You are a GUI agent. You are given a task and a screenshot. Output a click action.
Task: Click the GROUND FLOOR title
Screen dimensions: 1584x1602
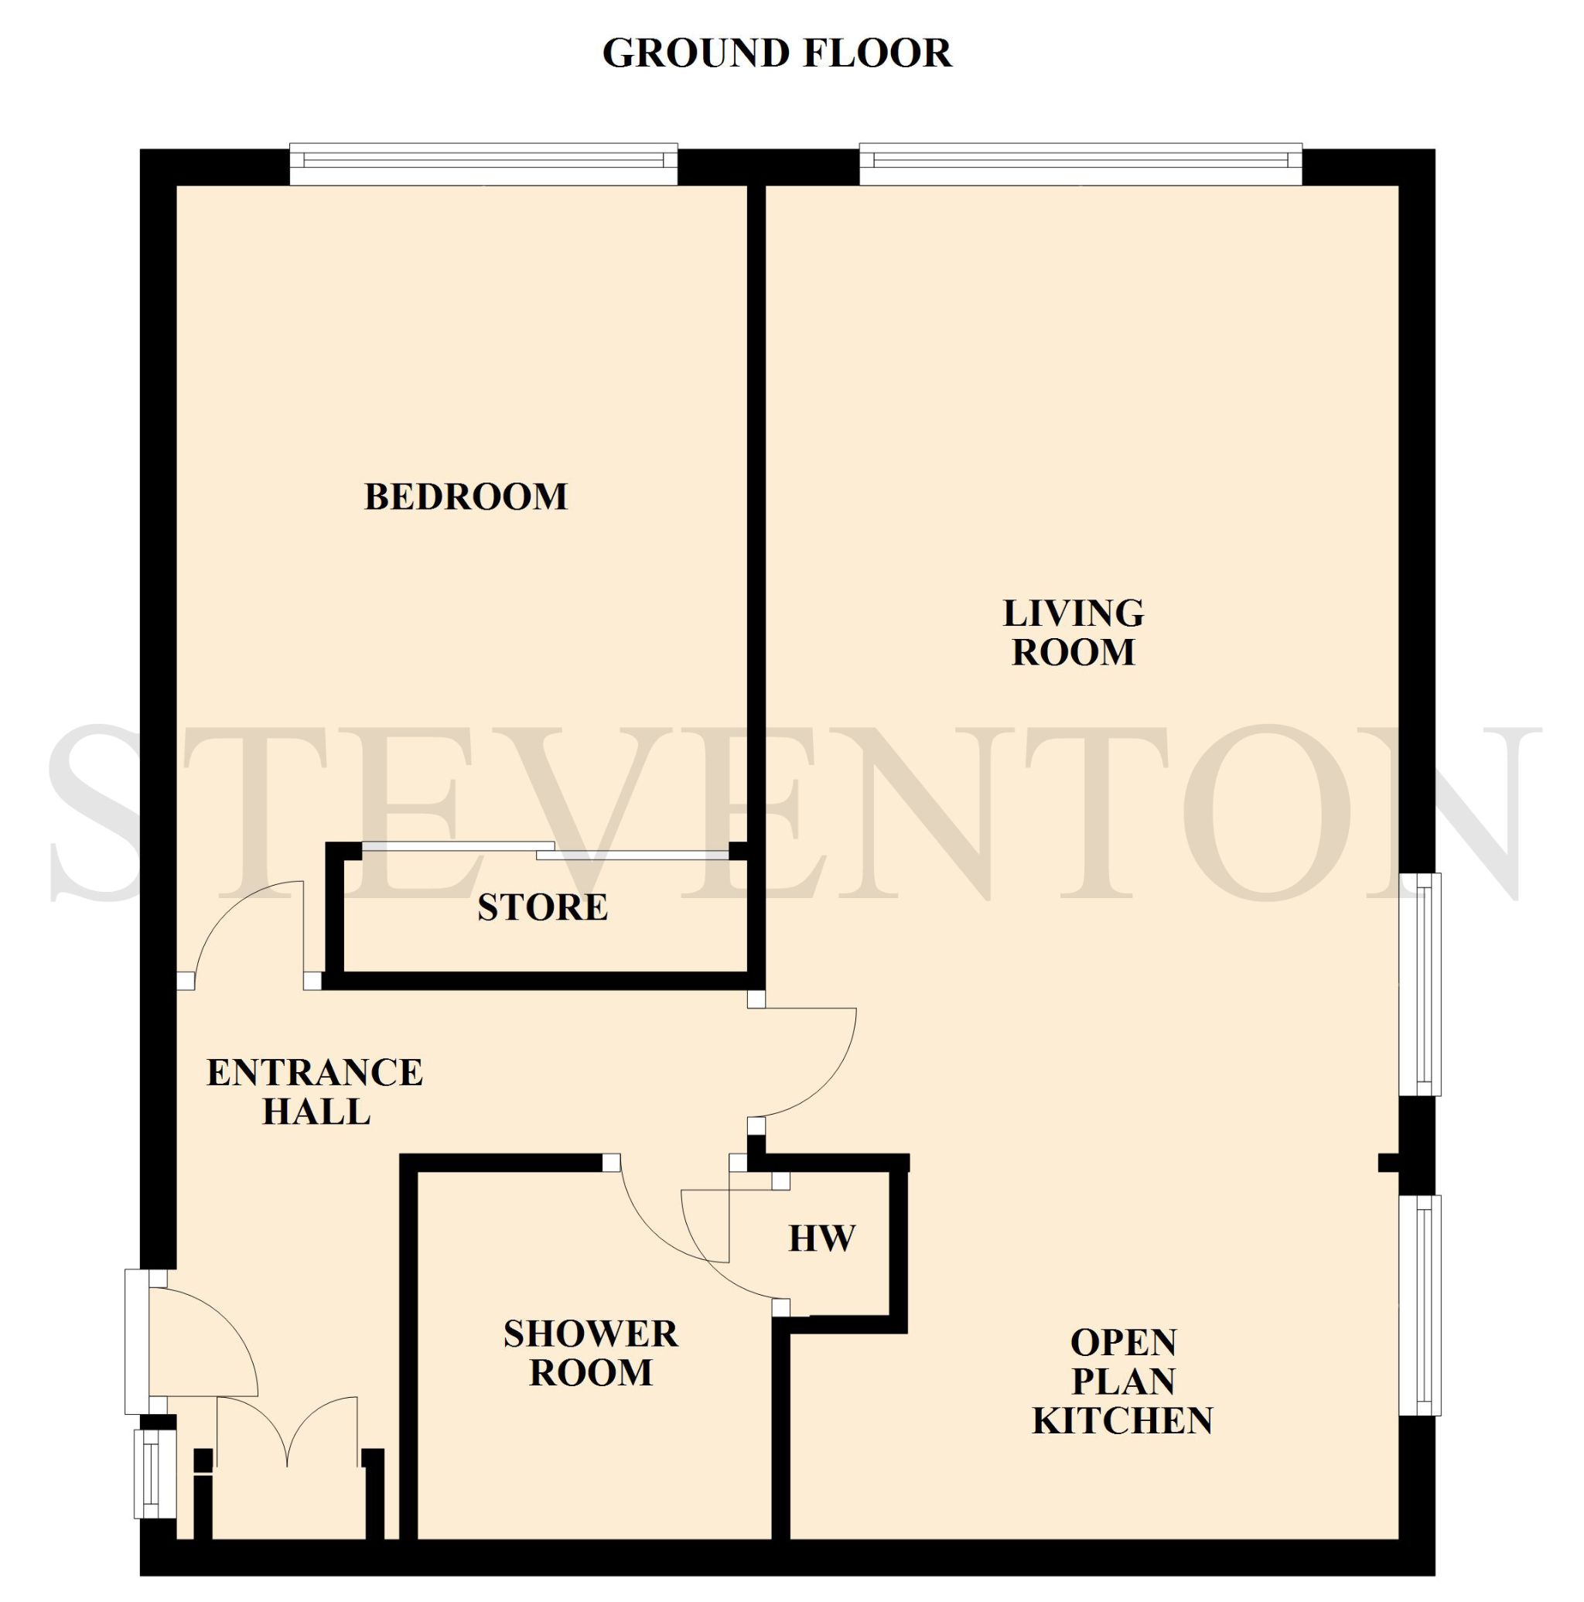(777, 53)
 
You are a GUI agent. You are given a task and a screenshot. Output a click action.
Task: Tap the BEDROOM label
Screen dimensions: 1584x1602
(466, 497)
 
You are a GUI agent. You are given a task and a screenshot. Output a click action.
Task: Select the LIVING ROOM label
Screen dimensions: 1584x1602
(1074, 633)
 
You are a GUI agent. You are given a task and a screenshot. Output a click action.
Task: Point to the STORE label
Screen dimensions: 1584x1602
(543, 907)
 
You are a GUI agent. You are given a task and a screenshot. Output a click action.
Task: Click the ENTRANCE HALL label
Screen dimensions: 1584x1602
(315, 1092)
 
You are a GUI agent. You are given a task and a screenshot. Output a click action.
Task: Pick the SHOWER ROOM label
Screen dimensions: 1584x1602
(591, 1353)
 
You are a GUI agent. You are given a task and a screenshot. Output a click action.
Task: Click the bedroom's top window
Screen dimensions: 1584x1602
(483, 164)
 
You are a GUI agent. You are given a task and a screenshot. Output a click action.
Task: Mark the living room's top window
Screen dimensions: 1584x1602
(1080, 164)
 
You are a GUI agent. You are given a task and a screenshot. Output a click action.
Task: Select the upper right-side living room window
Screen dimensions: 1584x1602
(1421, 984)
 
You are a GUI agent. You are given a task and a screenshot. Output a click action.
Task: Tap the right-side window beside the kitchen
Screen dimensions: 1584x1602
(1421, 1305)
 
